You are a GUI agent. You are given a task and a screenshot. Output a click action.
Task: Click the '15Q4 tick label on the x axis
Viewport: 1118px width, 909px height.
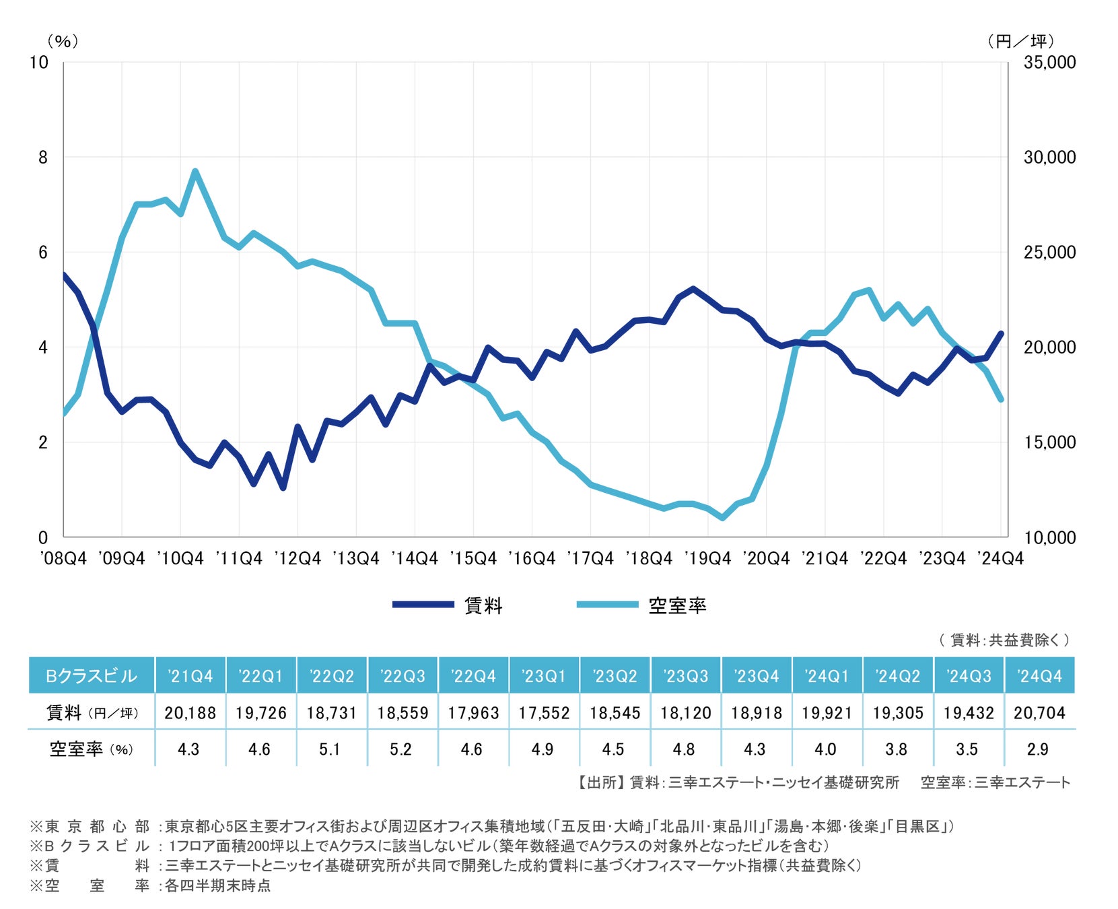(x=473, y=559)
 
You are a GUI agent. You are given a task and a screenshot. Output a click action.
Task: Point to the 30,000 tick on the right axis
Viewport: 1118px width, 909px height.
(x=1049, y=158)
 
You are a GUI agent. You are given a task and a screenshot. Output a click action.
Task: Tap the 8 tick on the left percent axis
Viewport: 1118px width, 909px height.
(x=43, y=158)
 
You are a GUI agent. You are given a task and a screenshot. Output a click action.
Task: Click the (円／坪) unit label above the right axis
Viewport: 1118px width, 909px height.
(x=1020, y=42)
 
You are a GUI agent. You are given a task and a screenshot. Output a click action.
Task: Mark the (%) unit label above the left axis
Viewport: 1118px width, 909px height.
(x=63, y=42)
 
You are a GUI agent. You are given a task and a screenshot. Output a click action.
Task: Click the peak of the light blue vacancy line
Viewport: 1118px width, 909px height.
(x=195, y=171)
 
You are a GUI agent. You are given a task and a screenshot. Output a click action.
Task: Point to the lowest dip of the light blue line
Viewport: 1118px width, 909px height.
(x=723, y=518)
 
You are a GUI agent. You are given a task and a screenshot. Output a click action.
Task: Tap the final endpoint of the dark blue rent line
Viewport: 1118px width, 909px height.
(x=1001, y=333)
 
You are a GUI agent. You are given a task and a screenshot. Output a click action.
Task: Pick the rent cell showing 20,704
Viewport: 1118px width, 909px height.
(x=1039, y=713)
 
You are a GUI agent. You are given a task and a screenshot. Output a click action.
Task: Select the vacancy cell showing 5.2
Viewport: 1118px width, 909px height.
(x=400, y=749)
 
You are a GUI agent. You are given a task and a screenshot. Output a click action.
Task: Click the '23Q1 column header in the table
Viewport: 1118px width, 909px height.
(x=544, y=676)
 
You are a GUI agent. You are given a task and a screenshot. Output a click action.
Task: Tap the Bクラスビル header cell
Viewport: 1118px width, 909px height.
(x=92, y=676)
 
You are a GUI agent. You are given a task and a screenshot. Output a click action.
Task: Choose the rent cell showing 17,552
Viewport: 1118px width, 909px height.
(x=544, y=713)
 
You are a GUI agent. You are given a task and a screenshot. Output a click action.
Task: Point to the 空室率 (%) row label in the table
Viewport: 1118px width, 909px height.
(x=92, y=749)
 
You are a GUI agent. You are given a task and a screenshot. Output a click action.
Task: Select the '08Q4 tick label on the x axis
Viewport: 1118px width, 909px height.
(x=63, y=559)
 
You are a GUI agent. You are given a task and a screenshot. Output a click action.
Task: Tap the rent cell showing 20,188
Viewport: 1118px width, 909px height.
(x=190, y=713)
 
